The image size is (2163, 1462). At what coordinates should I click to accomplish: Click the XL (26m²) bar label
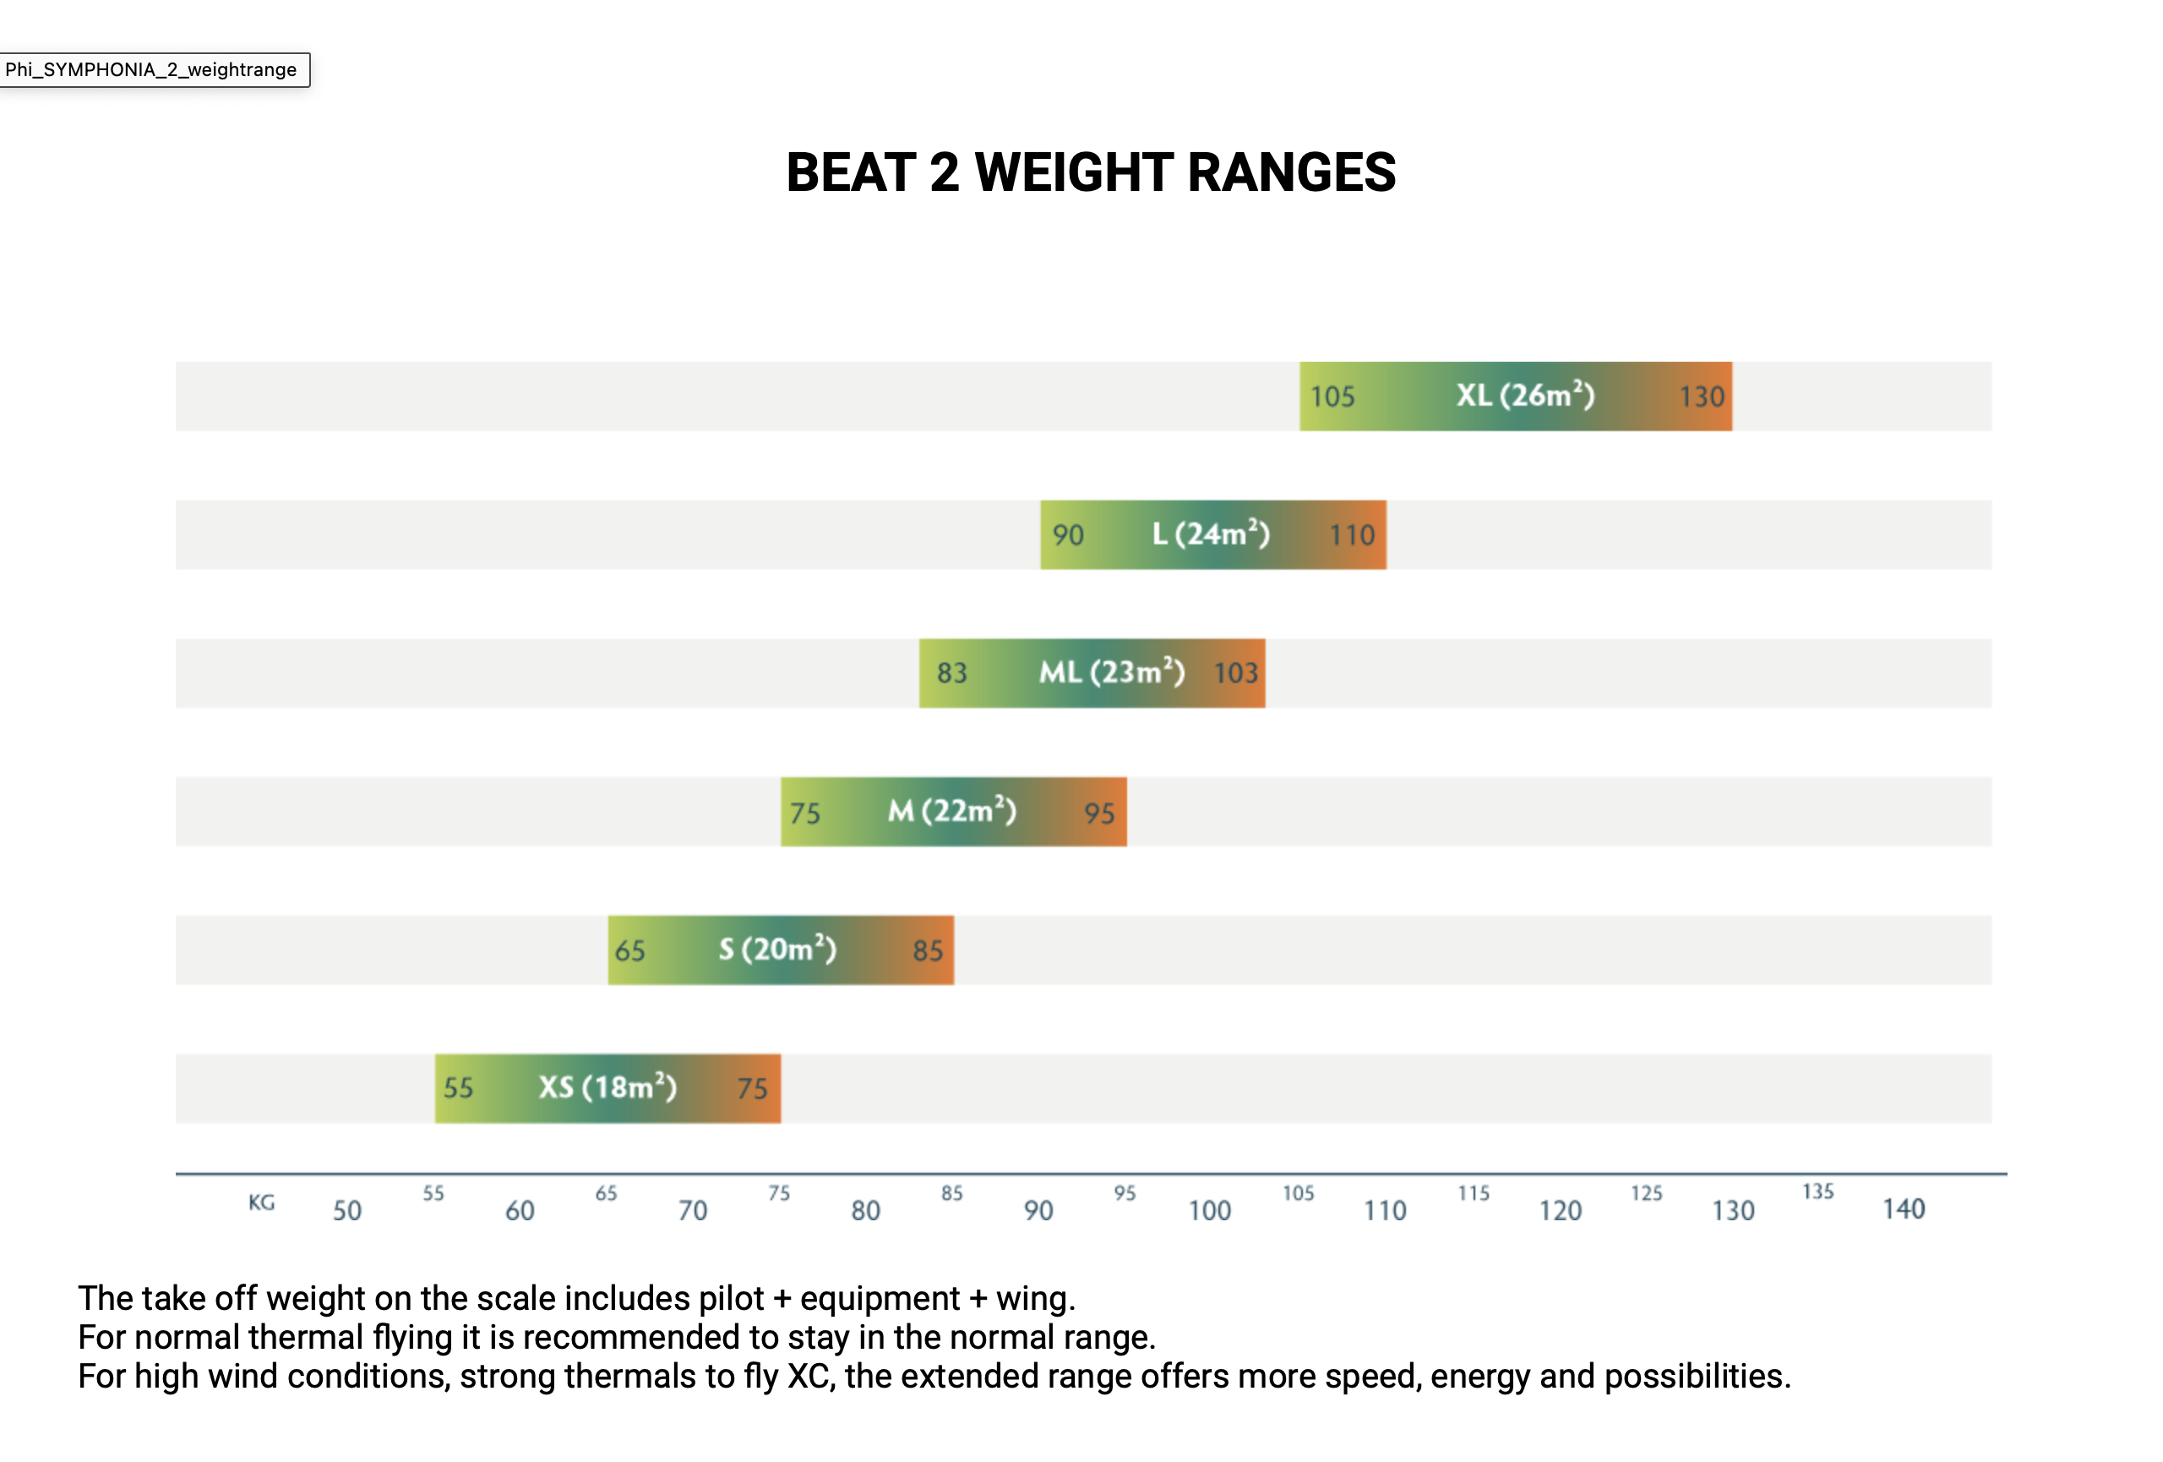(x=1524, y=396)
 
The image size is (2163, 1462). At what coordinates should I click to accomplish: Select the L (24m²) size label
(x=1210, y=534)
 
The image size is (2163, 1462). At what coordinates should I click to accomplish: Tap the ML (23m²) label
(x=1111, y=672)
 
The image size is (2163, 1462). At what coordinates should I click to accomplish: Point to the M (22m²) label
(x=951, y=810)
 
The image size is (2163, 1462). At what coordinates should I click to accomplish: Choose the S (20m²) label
(x=777, y=949)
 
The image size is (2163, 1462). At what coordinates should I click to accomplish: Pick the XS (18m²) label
(x=607, y=1087)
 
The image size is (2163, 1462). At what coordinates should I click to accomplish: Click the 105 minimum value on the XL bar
(x=1332, y=397)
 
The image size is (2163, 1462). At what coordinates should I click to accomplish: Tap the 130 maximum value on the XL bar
(x=1702, y=397)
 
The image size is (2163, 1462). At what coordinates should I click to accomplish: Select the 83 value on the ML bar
(x=951, y=673)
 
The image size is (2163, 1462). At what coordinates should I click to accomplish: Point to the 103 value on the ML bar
(x=1235, y=673)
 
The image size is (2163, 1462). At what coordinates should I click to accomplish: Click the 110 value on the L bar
(x=1351, y=535)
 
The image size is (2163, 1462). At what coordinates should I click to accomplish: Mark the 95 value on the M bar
(x=1098, y=813)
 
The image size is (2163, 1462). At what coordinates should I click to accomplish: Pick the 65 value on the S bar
(x=629, y=951)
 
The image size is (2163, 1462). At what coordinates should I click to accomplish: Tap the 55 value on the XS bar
(x=458, y=1088)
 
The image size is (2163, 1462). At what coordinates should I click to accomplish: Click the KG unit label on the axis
(x=262, y=1203)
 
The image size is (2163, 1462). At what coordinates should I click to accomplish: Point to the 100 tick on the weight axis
(x=1209, y=1211)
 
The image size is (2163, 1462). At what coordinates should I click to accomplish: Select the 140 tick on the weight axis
(x=1904, y=1208)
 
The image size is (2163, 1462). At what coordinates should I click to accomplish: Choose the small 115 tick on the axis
(x=1474, y=1193)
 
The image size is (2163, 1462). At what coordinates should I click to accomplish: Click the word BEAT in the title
(x=851, y=172)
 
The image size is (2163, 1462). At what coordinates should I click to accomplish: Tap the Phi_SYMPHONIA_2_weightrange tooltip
(x=154, y=70)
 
